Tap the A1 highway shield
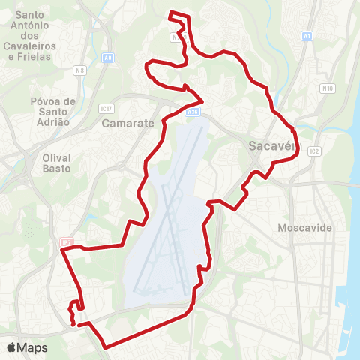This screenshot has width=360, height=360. pyautogui.click(x=307, y=35)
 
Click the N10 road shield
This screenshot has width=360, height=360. pyautogui.click(x=328, y=88)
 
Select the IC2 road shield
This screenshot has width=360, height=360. pyautogui.click(x=314, y=151)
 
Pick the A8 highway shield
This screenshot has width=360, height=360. pyautogui.click(x=109, y=56)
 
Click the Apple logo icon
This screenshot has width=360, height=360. pyautogui.click(x=12, y=347)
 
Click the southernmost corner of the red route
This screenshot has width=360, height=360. pyautogui.click(x=106, y=346)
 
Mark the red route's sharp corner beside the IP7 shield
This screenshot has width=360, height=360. pyautogui.click(x=62, y=252)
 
